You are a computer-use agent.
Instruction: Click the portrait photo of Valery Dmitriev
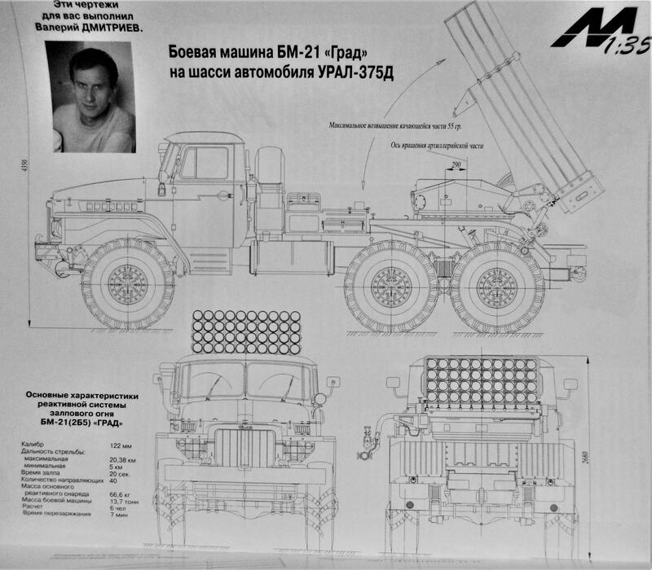pos(90,96)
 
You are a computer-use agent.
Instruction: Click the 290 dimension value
pos(452,166)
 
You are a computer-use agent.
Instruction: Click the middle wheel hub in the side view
pos(390,285)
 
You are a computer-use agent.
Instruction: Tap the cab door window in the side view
pos(205,163)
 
